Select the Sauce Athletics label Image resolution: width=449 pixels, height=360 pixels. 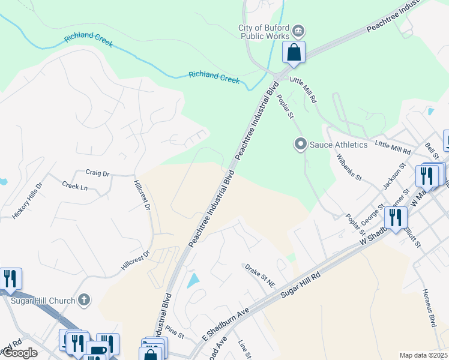[338, 145]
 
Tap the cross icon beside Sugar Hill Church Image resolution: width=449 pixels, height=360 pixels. [85, 299]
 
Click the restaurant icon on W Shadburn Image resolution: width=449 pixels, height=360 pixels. [394, 217]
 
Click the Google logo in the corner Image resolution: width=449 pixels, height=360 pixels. [19, 353]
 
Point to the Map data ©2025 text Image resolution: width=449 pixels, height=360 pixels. [423, 355]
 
